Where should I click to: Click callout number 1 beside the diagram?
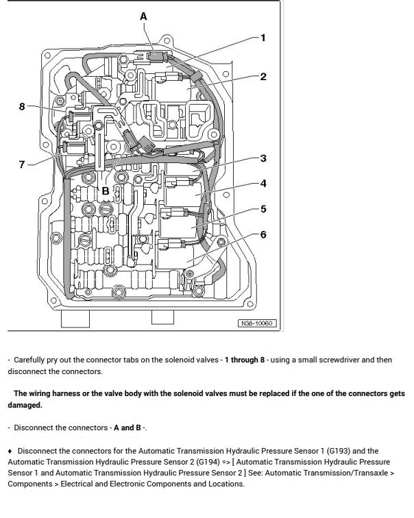point(263,38)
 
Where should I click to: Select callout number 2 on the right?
point(263,76)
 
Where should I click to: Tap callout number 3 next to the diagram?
point(263,158)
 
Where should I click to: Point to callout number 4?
point(263,183)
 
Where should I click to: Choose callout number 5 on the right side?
point(263,208)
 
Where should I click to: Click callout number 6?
point(263,234)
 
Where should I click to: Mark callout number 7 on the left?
point(22,164)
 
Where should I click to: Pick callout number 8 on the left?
point(22,106)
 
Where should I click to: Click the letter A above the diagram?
point(143,16)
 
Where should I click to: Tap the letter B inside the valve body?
point(106,190)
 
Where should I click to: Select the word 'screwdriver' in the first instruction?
point(343,359)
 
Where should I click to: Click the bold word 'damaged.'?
point(25,405)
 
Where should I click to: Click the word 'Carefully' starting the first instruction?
point(32,359)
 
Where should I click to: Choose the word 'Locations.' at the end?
point(223,483)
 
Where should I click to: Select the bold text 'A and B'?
point(127,428)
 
